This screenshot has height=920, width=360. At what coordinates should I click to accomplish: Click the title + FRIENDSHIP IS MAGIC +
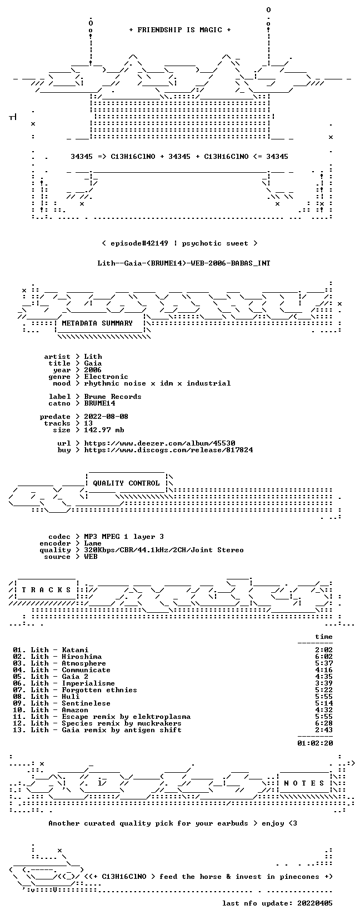[x=180, y=30]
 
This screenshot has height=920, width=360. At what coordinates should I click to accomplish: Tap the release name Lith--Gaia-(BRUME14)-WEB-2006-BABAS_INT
[x=184, y=263]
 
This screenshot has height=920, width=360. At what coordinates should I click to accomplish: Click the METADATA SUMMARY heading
[x=97, y=323]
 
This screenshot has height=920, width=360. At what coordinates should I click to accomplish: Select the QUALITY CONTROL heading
[x=126, y=483]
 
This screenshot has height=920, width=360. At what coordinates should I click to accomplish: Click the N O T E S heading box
[x=304, y=783]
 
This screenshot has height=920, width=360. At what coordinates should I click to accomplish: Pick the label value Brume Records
[x=112, y=397]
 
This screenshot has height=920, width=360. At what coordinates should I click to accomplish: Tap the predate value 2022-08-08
[x=106, y=417]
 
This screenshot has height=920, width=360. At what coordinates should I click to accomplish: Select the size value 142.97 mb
[x=104, y=430]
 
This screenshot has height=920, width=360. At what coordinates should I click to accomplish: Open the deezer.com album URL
[x=159, y=443]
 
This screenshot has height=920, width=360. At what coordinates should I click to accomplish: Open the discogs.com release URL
[x=168, y=450]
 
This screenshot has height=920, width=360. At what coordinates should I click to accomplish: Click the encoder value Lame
[x=93, y=543]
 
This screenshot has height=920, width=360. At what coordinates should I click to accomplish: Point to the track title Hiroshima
[x=82, y=657]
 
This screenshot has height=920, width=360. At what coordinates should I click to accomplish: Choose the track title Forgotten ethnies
[x=99, y=690]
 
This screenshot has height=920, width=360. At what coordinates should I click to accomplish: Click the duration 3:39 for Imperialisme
[x=324, y=683]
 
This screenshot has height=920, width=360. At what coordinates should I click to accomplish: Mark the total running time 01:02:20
[x=315, y=743]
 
